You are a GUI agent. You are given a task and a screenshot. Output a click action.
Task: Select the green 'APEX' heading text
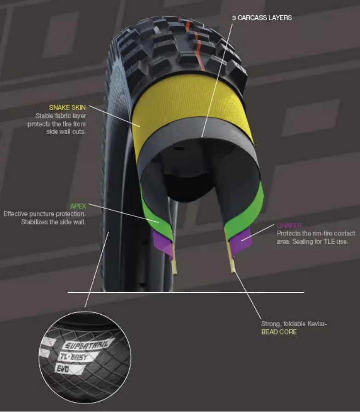(x=78, y=206)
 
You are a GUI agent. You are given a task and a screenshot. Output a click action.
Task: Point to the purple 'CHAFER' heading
(x=289, y=226)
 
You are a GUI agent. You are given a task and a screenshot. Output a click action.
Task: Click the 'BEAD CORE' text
(x=279, y=332)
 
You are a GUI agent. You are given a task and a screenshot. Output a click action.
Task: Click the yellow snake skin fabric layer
(x=193, y=103)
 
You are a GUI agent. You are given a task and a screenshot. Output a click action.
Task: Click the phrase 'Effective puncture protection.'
(x=45, y=214)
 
